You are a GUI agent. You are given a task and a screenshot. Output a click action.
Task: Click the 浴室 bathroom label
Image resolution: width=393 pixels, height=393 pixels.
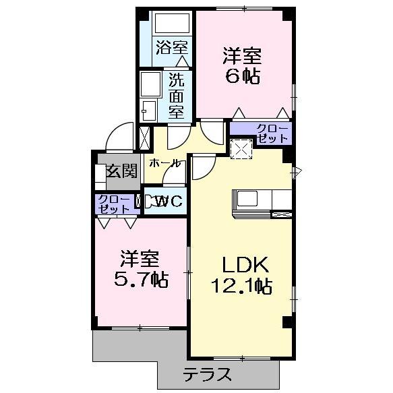point(172,47)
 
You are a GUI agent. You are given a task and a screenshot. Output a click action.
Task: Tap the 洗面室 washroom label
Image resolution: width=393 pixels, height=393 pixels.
point(177,96)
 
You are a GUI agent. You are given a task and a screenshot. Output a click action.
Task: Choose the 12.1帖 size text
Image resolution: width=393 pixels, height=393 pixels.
point(241,286)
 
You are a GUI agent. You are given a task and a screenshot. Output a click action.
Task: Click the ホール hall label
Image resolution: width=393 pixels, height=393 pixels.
point(164,163)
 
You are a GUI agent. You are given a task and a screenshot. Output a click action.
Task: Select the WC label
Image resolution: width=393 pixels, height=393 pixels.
point(166,201)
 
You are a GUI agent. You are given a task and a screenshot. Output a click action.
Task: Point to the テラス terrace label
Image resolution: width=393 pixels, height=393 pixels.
point(207,375)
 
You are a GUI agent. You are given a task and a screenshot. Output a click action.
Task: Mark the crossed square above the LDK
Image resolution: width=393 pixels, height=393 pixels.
point(241,149)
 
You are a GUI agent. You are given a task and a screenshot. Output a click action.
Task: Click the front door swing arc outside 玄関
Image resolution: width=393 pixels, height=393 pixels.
point(120,135)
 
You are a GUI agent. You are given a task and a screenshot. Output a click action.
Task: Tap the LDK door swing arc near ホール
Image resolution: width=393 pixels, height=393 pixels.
point(202,169)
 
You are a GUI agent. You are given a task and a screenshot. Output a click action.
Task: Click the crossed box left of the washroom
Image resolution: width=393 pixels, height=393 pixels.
point(144,138)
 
